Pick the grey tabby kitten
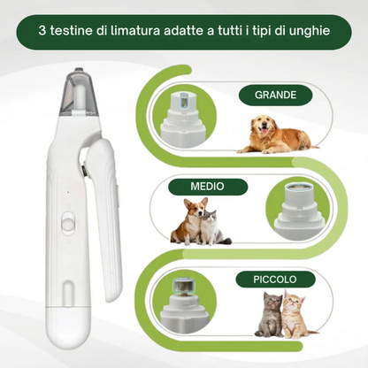pyautogui.click(x=266, y=317)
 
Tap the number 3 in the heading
pyautogui.click(x=43, y=31)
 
